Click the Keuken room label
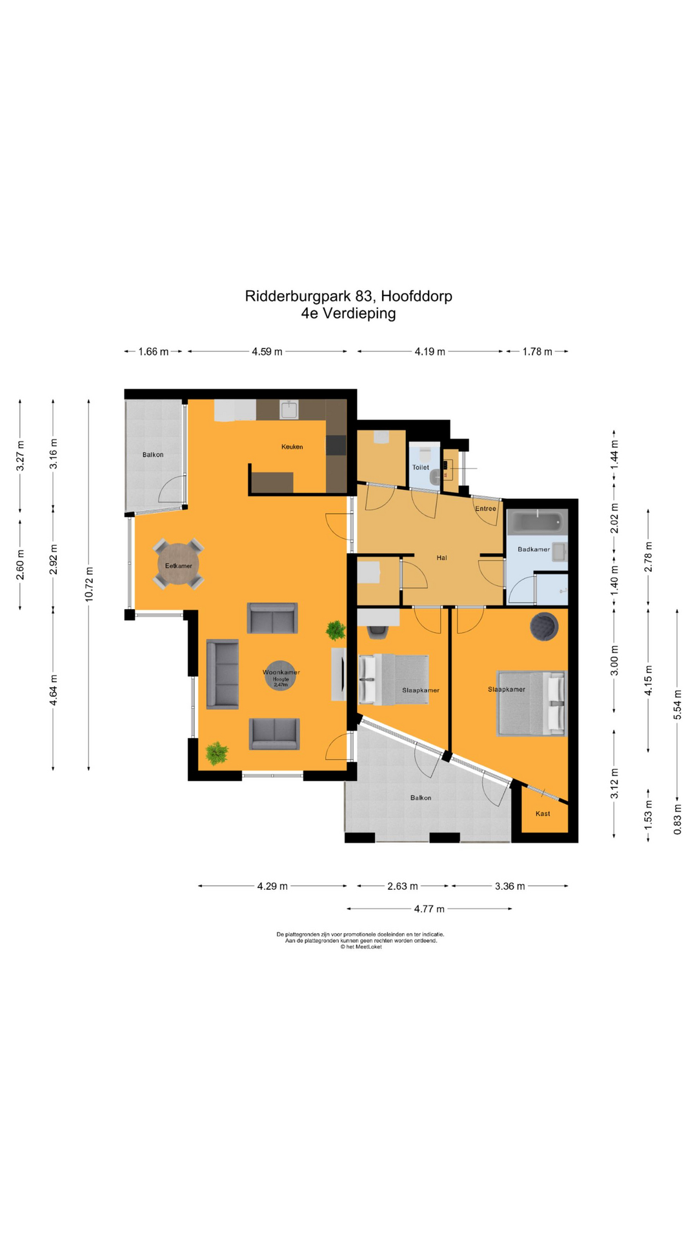pyautogui.click(x=292, y=447)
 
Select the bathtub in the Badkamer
pyautogui.click(x=537, y=522)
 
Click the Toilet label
pyautogui.click(x=421, y=467)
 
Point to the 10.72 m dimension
pyautogui.click(x=89, y=584)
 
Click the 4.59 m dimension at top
pyautogui.click(x=267, y=352)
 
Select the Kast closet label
pyautogui.click(x=543, y=813)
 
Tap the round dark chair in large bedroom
pyautogui.click(x=544, y=626)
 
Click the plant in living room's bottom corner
pyautogui.click(x=217, y=752)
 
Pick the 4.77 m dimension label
pyautogui.click(x=429, y=909)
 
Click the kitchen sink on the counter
pyautogui.click(x=289, y=409)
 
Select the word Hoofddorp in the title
pyautogui.click(x=416, y=296)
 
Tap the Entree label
pyautogui.click(x=485, y=509)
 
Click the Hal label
pyautogui.click(x=441, y=558)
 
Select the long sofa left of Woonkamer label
pyautogui.click(x=223, y=673)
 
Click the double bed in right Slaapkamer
pyautogui.click(x=530, y=703)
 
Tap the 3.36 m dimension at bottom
pyautogui.click(x=509, y=886)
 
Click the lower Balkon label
pyautogui.click(x=421, y=798)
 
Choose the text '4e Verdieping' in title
pyautogui.click(x=348, y=314)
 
